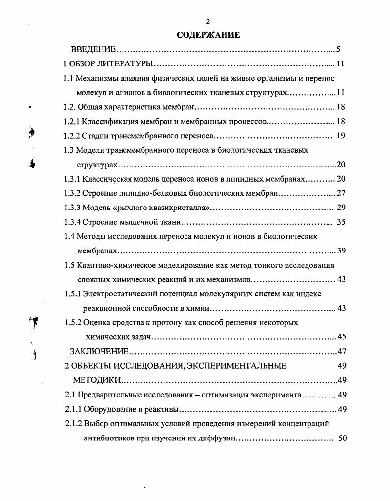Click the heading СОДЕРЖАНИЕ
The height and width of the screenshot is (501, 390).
coord(208,35)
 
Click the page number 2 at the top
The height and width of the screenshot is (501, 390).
coord(208,21)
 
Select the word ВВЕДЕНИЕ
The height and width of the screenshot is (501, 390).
coord(93,50)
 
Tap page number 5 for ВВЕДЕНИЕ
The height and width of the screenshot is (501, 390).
coord(338,50)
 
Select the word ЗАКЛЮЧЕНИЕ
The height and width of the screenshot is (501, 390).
coord(100,352)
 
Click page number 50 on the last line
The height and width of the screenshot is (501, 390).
coord(342,438)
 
